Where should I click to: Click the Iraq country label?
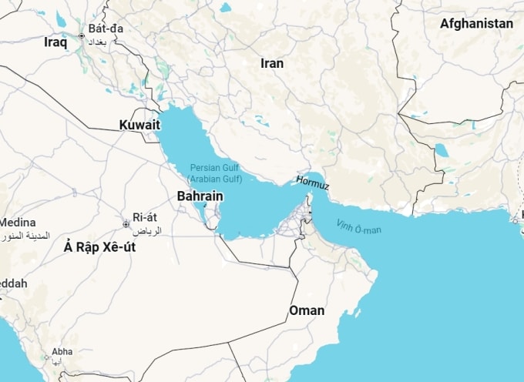click(x=55, y=43)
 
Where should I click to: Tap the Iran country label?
click(x=272, y=64)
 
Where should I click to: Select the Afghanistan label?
click(x=476, y=24)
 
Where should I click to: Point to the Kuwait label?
click(x=139, y=125)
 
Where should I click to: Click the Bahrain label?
click(x=200, y=196)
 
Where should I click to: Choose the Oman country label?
click(x=306, y=310)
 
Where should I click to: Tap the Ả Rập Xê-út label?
click(x=100, y=246)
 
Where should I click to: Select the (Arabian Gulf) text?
click(x=214, y=179)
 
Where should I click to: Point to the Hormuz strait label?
click(x=312, y=185)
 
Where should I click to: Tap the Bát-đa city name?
click(x=106, y=29)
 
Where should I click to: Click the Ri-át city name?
click(x=145, y=217)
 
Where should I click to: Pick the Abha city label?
click(x=62, y=351)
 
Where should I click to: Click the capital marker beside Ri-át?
click(x=126, y=224)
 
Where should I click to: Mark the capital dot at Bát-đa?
click(x=82, y=35)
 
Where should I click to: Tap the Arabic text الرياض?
click(x=147, y=230)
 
